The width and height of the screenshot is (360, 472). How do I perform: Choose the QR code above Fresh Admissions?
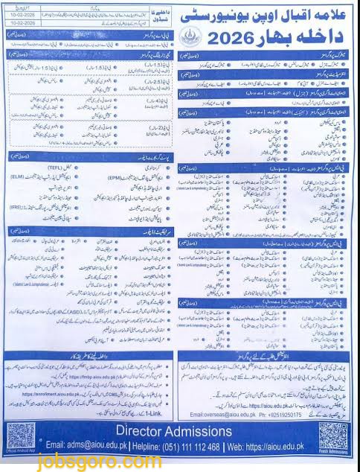point(333,435)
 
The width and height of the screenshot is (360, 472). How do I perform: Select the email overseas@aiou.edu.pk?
point(223,414)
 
